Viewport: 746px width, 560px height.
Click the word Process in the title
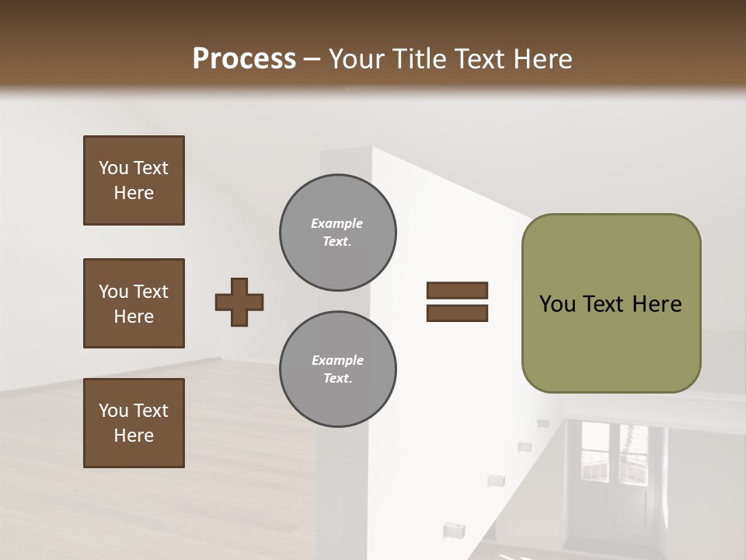tap(244, 58)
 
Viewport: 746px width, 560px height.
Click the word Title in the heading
tap(418, 58)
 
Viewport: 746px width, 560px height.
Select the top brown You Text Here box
tap(134, 180)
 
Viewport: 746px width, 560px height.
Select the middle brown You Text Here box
tap(134, 303)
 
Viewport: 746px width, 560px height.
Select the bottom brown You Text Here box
tap(134, 422)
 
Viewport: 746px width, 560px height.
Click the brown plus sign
tap(239, 302)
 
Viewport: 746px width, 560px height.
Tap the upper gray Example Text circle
tap(337, 233)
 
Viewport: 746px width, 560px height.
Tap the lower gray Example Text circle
tap(337, 369)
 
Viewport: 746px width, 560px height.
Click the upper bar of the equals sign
tap(457, 290)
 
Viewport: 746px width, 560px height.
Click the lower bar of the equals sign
tap(457, 313)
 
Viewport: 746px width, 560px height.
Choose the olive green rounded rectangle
tap(611, 303)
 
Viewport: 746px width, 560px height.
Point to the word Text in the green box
tap(603, 304)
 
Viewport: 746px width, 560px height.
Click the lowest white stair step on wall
tap(454, 530)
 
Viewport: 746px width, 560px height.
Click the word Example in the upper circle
tap(337, 223)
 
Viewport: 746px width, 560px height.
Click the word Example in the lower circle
tap(337, 360)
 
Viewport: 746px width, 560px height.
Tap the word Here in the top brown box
tap(134, 193)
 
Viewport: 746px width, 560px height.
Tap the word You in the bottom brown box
tap(113, 410)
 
